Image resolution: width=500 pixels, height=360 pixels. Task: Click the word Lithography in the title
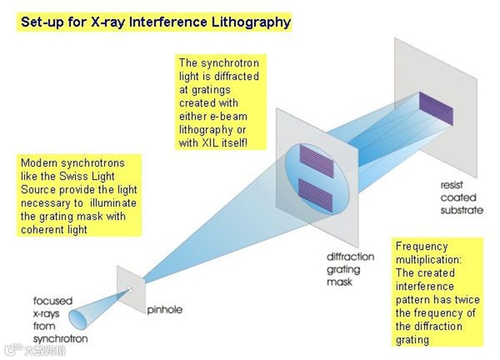(253, 23)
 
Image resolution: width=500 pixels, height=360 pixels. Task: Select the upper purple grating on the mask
(316, 161)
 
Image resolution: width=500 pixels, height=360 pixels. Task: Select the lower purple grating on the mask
(316, 195)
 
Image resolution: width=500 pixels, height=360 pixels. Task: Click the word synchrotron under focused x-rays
(60, 338)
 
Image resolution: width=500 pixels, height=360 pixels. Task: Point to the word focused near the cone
(53, 302)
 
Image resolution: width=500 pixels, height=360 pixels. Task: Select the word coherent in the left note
(43, 229)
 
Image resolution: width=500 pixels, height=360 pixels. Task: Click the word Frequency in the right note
(421, 246)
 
